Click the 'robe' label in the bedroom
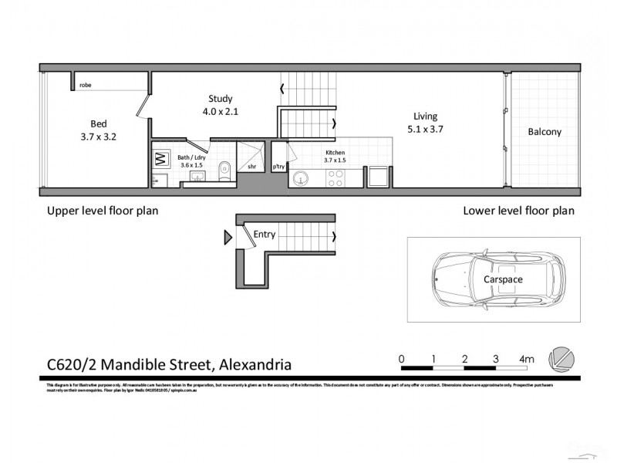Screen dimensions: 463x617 point(85,85)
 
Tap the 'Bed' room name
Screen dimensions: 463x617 point(98,123)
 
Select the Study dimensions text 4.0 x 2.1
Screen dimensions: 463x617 point(220,111)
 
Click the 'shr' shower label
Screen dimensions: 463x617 point(251,166)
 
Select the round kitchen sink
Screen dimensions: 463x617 point(302,178)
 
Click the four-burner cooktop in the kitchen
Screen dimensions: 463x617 point(336,178)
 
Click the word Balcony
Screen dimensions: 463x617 point(545,132)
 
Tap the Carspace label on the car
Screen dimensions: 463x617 point(504,279)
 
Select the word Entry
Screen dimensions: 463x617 point(264,235)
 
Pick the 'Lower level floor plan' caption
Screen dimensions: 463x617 point(518,210)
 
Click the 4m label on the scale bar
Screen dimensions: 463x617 point(528,359)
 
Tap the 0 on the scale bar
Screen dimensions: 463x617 point(402,359)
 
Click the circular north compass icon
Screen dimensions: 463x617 point(560,360)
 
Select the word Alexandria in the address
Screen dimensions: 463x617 point(256,363)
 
